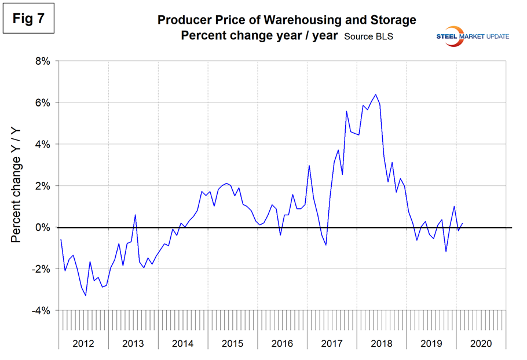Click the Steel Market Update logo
pyautogui.click(x=472, y=36)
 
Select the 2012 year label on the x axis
pyautogui.click(x=83, y=343)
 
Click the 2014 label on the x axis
pyautogui.click(x=183, y=343)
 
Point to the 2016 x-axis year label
pyautogui.click(x=282, y=343)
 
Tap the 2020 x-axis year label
pyautogui.click(x=481, y=343)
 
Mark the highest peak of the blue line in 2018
pyautogui.click(x=376, y=94)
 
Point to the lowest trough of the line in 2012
pyautogui.click(x=86, y=296)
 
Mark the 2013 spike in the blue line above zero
pyautogui.click(x=136, y=215)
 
